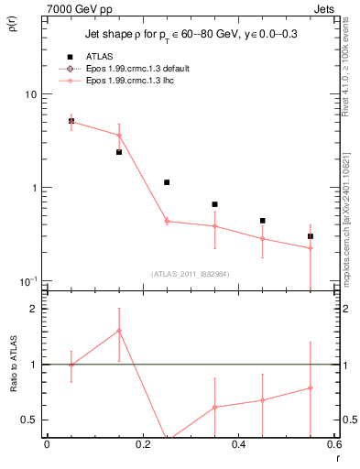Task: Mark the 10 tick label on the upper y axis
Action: pos(29,94)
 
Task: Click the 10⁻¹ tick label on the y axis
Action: pos(27,280)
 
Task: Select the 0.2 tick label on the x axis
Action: pos(142,446)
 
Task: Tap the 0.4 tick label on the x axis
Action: pos(238,446)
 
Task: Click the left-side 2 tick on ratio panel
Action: pos(34,310)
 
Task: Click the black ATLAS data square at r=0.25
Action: pos(167,182)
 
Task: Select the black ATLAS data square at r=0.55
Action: pos(311,236)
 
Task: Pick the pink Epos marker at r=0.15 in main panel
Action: pos(119,136)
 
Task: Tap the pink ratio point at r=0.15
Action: pos(119,331)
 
